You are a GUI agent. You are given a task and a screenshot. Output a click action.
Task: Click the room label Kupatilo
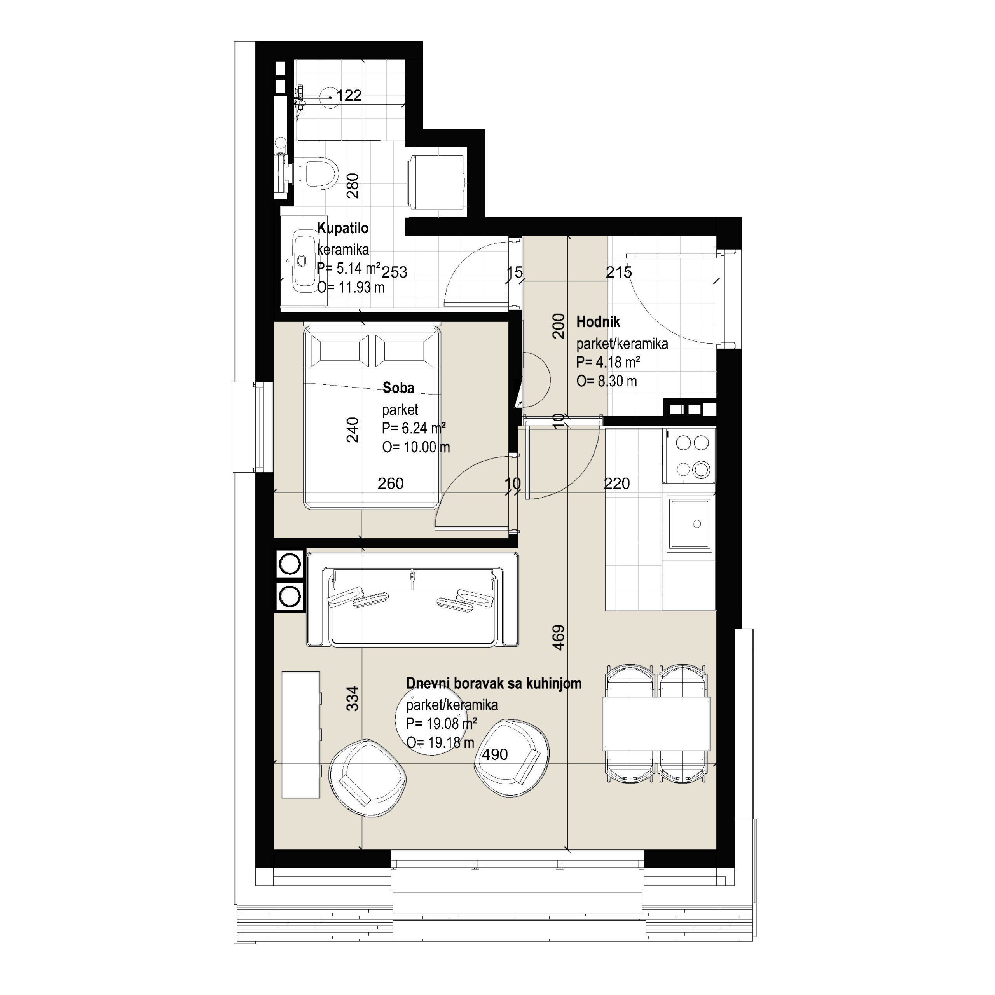[342, 228]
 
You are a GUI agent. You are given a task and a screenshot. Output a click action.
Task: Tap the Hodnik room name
[598, 322]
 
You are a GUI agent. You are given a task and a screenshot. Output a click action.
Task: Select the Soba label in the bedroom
[398, 388]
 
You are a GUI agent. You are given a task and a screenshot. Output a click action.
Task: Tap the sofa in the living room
[412, 599]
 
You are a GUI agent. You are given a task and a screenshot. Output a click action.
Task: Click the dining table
[656, 723]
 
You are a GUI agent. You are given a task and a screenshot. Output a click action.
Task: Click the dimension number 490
[495, 754]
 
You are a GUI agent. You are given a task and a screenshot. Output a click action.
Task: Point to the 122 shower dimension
[349, 95]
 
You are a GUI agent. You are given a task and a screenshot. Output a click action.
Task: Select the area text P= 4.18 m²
[608, 362]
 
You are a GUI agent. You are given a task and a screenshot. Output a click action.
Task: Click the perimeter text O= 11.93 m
[351, 287]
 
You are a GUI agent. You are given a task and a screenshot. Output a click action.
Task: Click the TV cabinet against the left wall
[301, 735]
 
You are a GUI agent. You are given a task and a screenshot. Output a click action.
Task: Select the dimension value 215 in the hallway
[618, 272]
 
